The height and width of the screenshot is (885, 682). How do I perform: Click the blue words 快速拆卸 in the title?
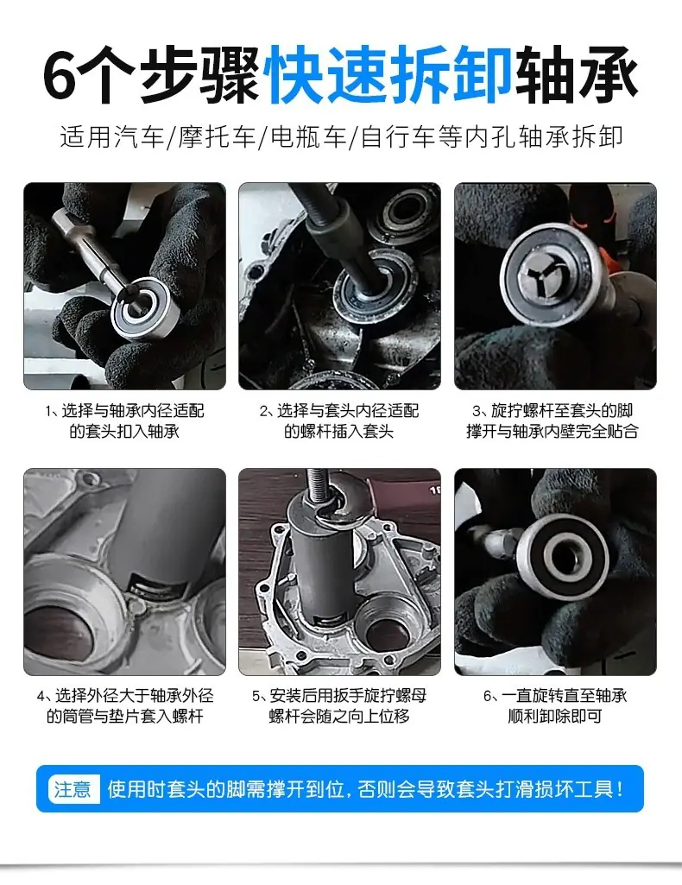tap(390, 75)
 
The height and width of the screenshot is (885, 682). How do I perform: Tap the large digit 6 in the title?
tap(60, 76)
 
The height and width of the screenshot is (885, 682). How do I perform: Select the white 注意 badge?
tap(73, 788)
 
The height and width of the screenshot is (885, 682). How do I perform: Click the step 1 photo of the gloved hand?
tap(124, 286)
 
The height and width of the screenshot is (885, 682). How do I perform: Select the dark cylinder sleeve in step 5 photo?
tap(319, 565)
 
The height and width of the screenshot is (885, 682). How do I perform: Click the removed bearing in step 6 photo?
tap(563, 558)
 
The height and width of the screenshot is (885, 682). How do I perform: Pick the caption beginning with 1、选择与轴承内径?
tap(124, 421)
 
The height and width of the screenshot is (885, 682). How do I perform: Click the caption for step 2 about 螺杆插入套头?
tap(339, 421)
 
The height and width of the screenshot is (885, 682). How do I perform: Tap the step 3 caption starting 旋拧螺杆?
tap(553, 421)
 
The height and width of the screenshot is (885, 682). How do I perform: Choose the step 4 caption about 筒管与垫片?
tap(124, 706)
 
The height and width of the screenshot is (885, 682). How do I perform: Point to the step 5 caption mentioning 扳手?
tap(339, 706)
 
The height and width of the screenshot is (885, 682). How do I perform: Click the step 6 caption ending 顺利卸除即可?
tap(555, 706)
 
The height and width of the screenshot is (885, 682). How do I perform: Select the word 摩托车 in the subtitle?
tap(218, 137)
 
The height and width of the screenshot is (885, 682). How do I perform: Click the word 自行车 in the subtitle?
tap(398, 137)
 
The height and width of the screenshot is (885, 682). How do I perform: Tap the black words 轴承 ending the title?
tap(577, 75)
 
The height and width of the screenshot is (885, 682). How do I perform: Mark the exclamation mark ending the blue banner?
tap(621, 788)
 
